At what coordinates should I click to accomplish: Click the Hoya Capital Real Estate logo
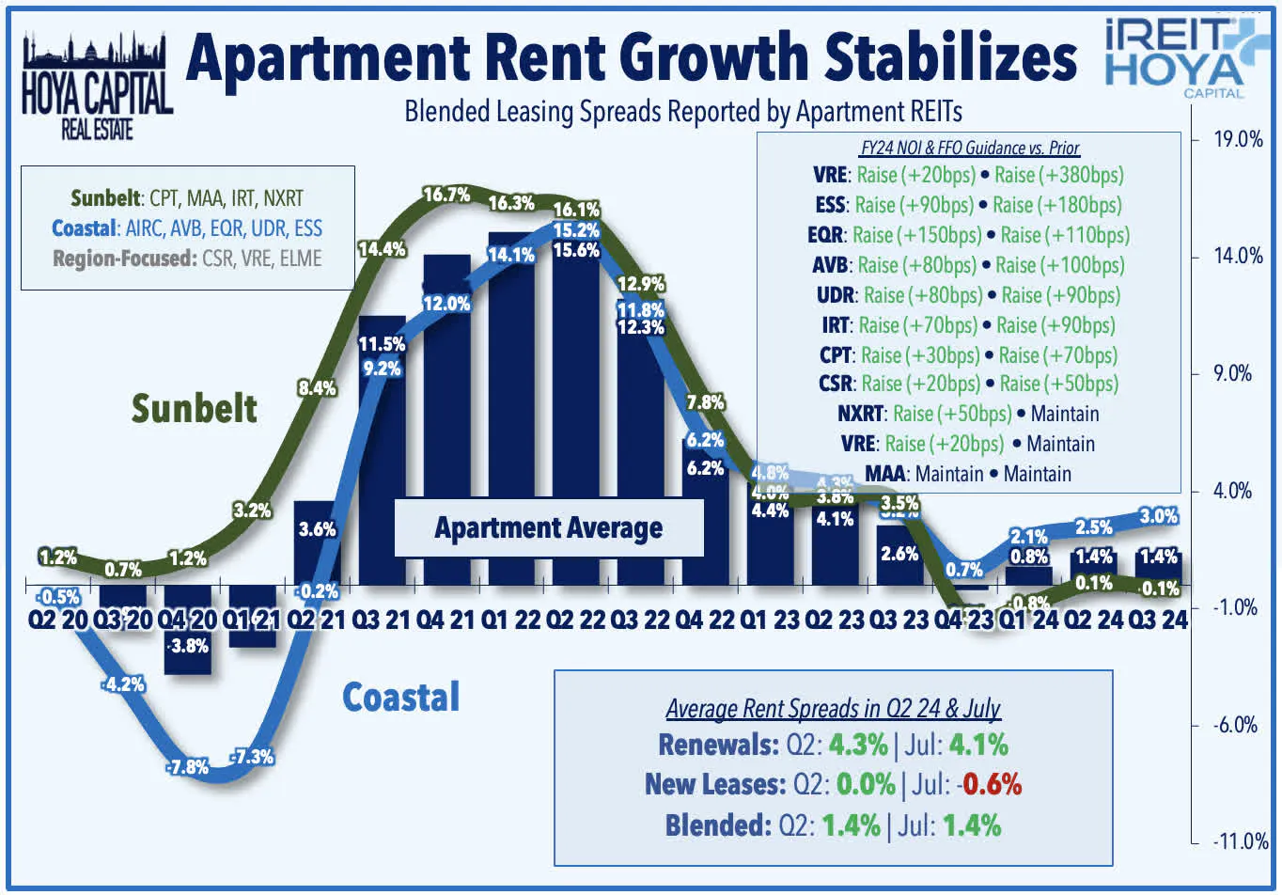pos(96,86)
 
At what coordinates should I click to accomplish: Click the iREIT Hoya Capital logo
pos(1179,56)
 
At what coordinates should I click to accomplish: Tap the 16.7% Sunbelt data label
pos(446,195)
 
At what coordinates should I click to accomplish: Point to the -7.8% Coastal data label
pos(187,766)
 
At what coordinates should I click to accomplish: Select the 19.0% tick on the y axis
pos(1238,139)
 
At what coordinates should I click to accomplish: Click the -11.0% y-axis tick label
pos(1240,840)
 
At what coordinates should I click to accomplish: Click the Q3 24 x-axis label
pos(1157,620)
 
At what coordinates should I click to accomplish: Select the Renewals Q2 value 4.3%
pos(857,745)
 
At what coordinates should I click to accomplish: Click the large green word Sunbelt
pos(194,408)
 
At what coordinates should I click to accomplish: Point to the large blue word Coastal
pos(400,697)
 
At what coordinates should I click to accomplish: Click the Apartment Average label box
pos(548,527)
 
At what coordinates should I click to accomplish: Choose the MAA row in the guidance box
pos(967,474)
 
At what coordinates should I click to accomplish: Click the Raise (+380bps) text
pos(1058,175)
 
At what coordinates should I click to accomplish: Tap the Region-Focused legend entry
pos(187,259)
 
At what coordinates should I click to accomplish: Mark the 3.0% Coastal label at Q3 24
pos(1158,515)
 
